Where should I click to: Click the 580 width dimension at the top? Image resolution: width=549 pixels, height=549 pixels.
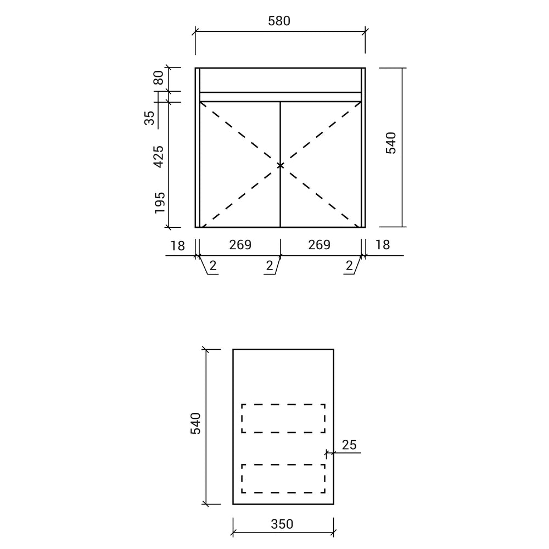279,21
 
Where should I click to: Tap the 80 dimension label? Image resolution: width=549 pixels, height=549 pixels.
159,77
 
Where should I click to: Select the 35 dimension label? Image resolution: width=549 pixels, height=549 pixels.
149,117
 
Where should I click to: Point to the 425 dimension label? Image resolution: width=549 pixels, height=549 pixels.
159,156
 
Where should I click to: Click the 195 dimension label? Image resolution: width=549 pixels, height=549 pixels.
160,203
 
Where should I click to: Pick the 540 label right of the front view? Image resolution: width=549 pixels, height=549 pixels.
391,143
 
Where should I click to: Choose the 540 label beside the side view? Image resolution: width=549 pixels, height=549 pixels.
196,424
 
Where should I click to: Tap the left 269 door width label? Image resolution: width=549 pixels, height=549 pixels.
240,245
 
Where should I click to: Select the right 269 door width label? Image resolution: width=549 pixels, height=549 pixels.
319,245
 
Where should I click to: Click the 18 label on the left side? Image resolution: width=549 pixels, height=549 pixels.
177,246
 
